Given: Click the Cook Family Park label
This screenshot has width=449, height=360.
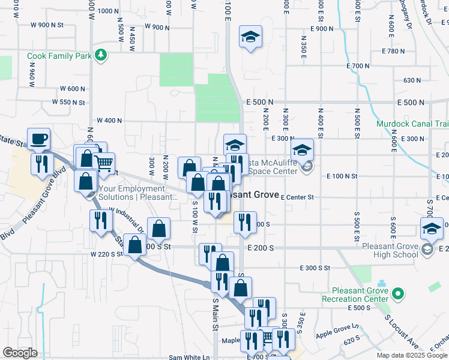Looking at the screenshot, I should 59,56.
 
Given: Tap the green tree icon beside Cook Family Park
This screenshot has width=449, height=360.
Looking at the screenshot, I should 102,56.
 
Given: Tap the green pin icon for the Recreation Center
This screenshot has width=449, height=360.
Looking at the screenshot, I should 397,294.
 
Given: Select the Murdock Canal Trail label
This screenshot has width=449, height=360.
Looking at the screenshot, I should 412,124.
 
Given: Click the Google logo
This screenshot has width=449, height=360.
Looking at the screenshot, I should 20,353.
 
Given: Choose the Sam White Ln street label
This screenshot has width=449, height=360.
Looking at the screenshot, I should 189,357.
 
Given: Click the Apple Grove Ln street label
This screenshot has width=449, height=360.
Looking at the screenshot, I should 337,329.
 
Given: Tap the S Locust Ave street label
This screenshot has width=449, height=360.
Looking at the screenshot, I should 402,332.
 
